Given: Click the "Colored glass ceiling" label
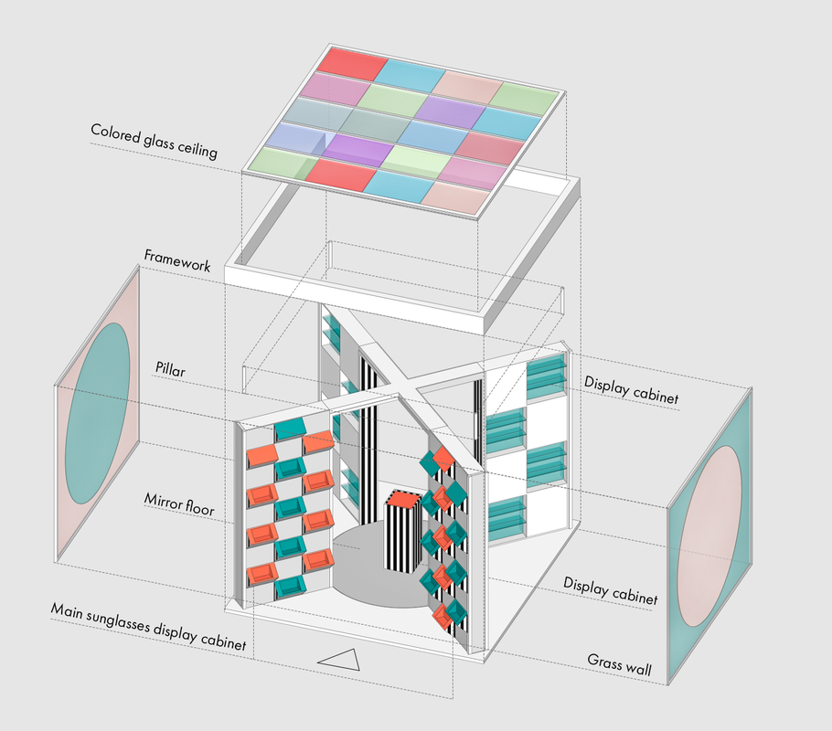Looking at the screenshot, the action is pos(154,141).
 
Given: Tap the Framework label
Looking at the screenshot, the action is pos(177,260).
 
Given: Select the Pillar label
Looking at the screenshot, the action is pos(170,368).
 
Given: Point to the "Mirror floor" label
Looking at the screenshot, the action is pos(179,504).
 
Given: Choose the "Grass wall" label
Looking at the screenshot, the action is pos(619,663).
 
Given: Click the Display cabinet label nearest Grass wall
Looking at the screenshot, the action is pos(610,590).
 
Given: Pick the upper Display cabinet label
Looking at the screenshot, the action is pos(631,390).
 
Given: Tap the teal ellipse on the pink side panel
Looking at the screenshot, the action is pos(98,413).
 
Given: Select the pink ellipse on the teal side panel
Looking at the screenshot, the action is pos(709,535).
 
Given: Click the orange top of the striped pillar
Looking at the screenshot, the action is pos(403,499).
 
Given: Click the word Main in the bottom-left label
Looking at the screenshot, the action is pos(67,610).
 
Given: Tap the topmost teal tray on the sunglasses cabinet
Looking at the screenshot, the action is pos(290,427).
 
